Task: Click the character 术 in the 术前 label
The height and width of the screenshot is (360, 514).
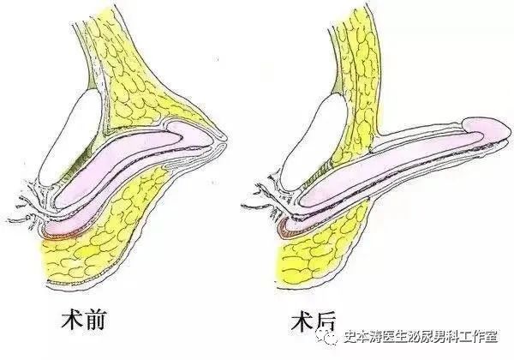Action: click(x=72, y=320)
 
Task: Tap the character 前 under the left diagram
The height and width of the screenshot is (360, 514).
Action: click(x=95, y=320)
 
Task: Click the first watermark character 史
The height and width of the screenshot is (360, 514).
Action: click(x=350, y=337)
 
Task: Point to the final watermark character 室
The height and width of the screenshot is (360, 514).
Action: click(x=491, y=337)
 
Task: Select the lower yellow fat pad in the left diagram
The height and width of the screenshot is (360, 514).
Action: click(x=102, y=230)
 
